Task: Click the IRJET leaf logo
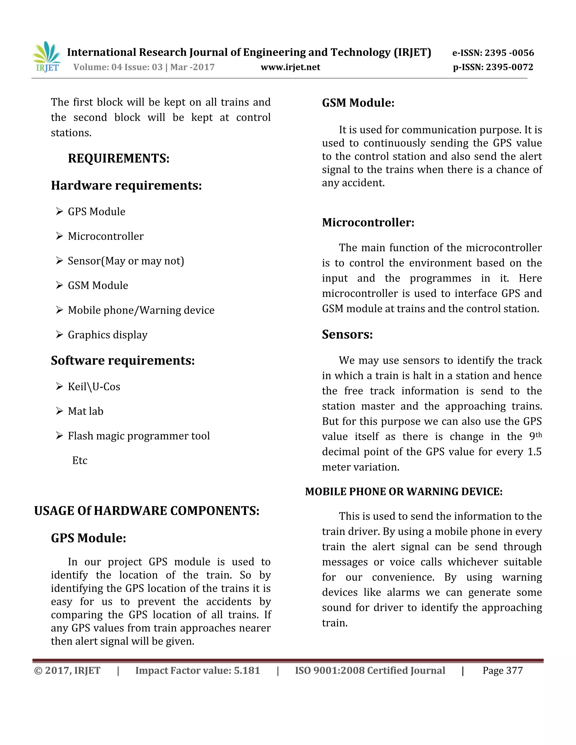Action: (x=47, y=56)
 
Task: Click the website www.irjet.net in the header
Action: (x=290, y=67)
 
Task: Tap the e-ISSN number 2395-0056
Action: (x=493, y=53)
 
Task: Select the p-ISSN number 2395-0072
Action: (x=493, y=67)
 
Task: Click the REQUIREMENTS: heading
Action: (x=119, y=158)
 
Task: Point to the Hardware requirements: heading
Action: (x=126, y=186)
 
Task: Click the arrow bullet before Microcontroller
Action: (x=60, y=236)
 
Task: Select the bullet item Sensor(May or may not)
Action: (x=125, y=261)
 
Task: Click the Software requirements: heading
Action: (x=123, y=361)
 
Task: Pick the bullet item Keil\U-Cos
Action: (x=94, y=387)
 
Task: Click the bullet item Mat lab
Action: (x=85, y=411)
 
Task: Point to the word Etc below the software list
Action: (x=80, y=460)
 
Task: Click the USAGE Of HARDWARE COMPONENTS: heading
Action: (x=147, y=511)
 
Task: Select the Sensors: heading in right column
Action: (x=347, y=334)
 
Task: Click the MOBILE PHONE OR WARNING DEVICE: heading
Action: (x=404, y=491)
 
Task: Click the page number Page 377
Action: (x=502, y=670)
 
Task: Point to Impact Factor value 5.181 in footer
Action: (x=197, y=670)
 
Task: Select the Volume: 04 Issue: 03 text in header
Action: (x=118, y=67)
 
